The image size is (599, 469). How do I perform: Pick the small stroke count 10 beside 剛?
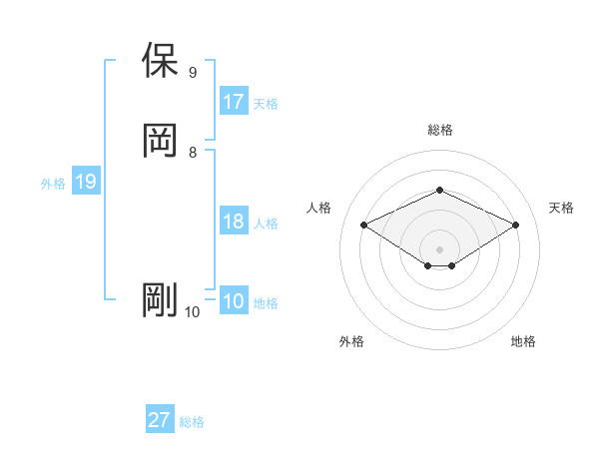(192, 312)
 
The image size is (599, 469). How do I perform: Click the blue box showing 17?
(234, 102)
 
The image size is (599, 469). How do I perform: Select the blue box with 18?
(234, 222)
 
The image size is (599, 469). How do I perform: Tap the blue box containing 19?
(86, 182)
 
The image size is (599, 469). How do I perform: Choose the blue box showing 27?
(160, 420)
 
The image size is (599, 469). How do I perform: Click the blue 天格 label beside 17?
(266, 104)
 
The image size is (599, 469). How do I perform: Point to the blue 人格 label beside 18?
(266, 224)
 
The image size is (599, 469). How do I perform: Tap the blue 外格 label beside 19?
(53, 184)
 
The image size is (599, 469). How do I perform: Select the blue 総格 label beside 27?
(192, 422)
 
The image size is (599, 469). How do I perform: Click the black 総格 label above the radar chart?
(439, 130)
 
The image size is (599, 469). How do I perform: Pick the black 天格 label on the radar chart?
(561, 208)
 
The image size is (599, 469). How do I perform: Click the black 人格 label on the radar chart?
(318, 208)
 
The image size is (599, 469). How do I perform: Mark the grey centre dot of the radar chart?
(439, 247)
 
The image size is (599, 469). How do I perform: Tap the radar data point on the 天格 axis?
(515, 225)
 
